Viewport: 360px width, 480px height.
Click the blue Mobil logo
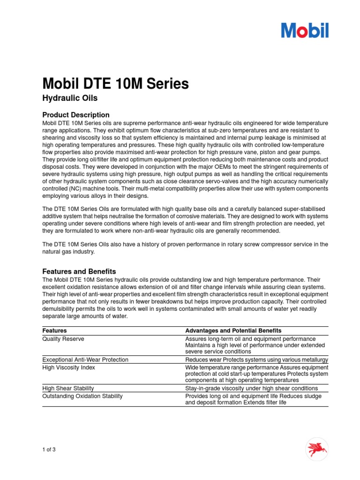(305, 30)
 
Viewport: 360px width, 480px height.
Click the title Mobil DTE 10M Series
(116, 84)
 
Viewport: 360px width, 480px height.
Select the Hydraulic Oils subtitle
(70, 98)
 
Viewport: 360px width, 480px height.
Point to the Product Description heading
(76, 115)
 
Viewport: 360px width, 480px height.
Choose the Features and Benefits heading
(79, 271)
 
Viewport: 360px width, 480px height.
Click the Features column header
(55, 330)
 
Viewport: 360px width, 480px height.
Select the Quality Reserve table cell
(63, 339)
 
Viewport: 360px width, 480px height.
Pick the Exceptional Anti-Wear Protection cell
(85, 360)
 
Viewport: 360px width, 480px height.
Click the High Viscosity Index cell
(69, 367)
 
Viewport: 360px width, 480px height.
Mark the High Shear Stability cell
(68, 388)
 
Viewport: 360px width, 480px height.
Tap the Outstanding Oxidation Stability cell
(82, 396)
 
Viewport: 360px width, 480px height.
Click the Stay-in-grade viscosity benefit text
(251, 388)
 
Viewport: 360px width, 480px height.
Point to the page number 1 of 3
(49, 450)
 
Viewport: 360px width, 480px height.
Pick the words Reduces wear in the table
(201, 360)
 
